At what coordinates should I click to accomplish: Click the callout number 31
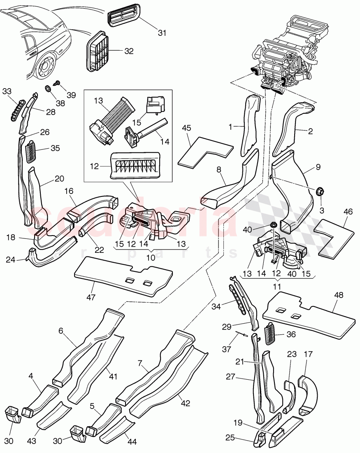tap(162, 33)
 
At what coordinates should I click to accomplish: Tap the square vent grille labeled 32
tap(99, 52)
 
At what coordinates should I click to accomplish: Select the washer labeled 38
tap(47, 88)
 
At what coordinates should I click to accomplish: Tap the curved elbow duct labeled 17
tap(308, 390)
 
